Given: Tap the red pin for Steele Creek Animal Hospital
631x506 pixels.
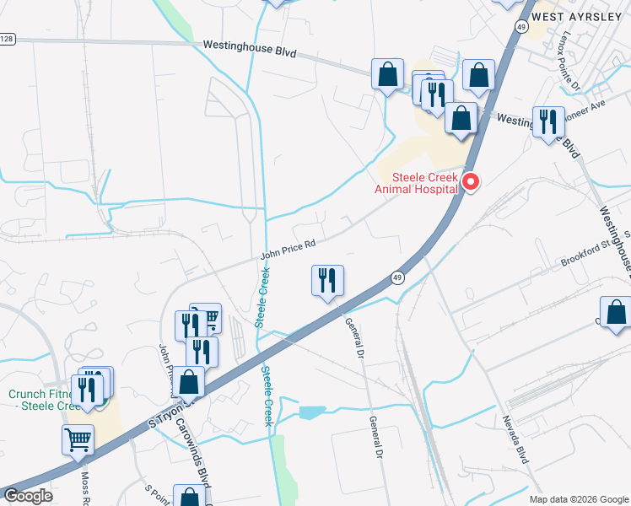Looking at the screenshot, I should coord(472,182).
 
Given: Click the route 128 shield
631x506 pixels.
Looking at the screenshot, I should coord(7,39).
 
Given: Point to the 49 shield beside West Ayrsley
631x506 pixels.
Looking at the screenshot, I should coord(521,28).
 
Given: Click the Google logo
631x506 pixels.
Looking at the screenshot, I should coord(28,496).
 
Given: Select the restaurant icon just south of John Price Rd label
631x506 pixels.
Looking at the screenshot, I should coord(327,282).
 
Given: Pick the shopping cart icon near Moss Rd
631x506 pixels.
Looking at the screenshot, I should coord(78,439).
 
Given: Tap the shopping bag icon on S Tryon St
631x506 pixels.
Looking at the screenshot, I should coord(190,382).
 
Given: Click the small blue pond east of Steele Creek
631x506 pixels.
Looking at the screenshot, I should coord(311,412).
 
